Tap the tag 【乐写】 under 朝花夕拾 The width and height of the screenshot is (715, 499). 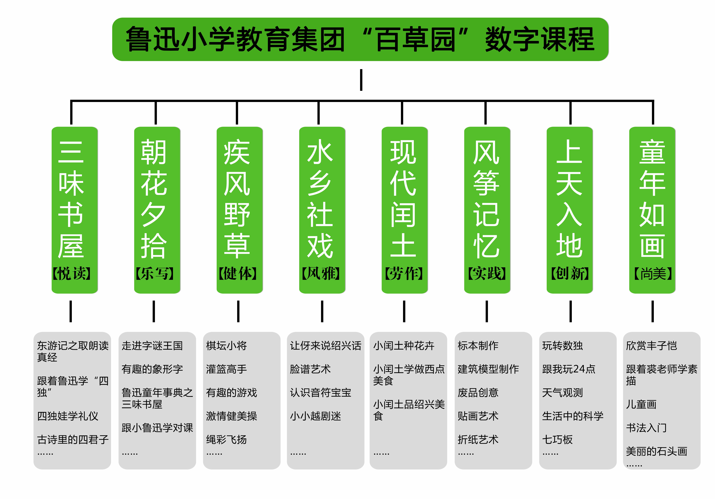pos(155,274)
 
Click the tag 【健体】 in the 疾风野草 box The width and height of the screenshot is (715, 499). pos(238,274)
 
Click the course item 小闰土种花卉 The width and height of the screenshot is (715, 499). pos(404,346)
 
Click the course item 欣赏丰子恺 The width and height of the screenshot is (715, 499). pos(651,346)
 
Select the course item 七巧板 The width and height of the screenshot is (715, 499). pos(557,440)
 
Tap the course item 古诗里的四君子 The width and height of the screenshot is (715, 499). pos(73,440)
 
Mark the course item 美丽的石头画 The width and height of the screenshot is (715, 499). pos(656,451)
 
